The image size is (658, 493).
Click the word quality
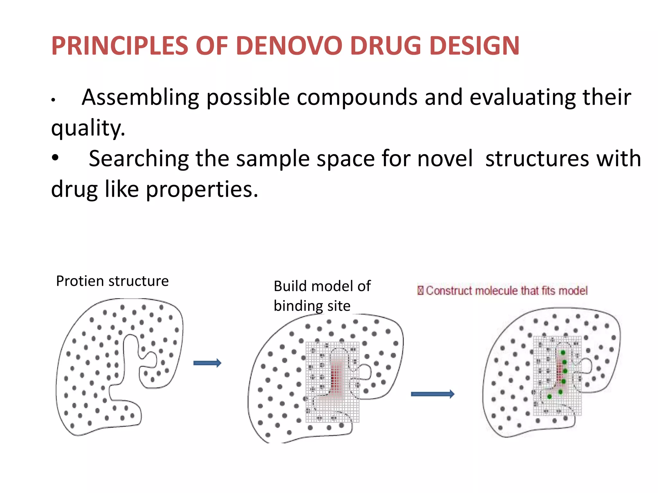[x=88, y=128]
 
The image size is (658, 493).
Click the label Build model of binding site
[x=321, y=296]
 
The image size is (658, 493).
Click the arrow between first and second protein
[x=207, y=363]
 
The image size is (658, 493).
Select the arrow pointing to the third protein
[x=432, y=394]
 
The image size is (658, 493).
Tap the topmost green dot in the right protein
[x=563, y=352]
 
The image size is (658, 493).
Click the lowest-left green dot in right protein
[x=549, y=397]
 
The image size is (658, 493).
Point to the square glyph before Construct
[x=420, y=291]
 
